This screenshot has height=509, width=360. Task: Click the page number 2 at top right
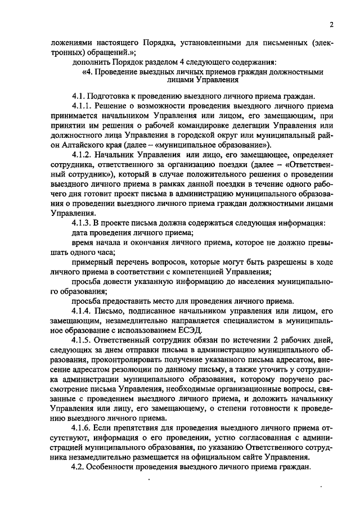(x=332, y=25)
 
